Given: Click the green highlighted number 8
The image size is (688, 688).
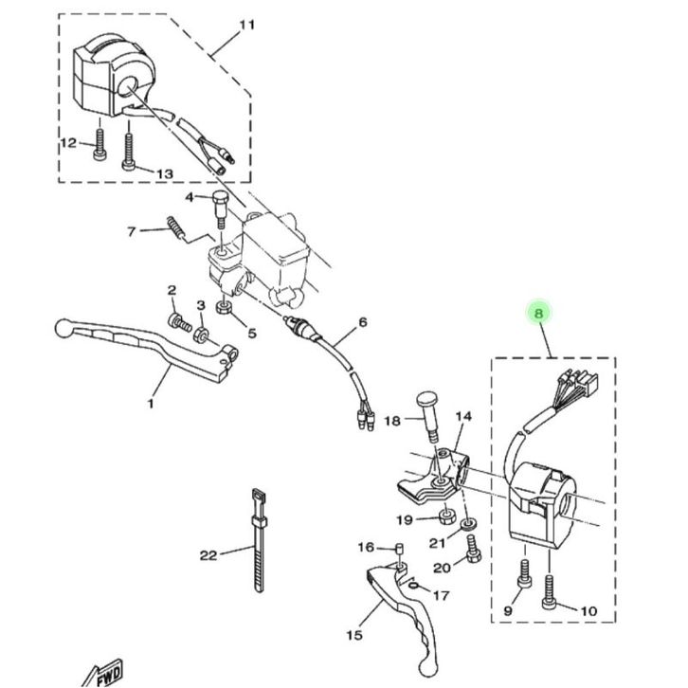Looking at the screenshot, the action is point(539,314).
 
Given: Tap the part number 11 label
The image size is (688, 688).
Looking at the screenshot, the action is point(246,25).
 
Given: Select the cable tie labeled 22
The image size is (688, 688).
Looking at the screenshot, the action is point(259,540).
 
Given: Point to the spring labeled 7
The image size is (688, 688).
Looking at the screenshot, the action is point(175,227).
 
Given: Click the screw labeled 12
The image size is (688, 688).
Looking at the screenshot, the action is point(100,144).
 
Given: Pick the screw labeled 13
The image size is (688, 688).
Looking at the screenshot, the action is point(129,152).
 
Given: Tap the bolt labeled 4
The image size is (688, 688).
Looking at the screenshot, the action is point(220,208).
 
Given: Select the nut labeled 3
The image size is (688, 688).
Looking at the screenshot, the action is point(201,335).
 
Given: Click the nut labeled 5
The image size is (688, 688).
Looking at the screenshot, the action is point(224,307).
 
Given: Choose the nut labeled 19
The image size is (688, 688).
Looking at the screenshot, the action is point(447,516).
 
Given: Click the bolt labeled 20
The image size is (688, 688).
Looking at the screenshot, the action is point(474,550).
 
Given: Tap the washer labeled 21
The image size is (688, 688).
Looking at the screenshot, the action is point(470,524).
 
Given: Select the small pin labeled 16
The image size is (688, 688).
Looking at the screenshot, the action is point(400,550).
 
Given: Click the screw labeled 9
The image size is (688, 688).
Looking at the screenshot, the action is point(524,573).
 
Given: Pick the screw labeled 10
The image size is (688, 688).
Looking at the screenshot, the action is point(549,592).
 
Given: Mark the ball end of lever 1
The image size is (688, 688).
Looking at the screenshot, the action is point(63,328).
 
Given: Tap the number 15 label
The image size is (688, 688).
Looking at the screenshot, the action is point(354,635).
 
